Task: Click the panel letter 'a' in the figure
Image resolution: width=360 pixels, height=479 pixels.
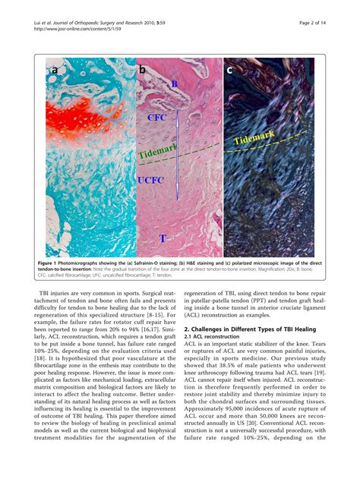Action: (x=54, y=72)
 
